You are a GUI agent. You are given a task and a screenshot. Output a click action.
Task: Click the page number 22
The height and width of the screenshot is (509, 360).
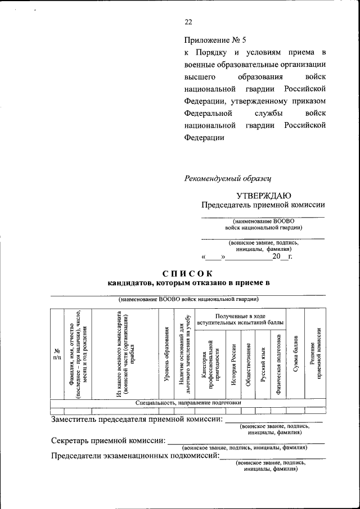click(188, 22)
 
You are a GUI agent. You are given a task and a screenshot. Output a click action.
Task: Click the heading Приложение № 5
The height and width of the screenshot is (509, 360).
click(215, 40)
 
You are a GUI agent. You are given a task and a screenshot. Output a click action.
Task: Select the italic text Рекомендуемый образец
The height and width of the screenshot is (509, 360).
click(228, 178)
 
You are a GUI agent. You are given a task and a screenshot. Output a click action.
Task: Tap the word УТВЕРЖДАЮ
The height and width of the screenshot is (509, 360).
click(263, 195)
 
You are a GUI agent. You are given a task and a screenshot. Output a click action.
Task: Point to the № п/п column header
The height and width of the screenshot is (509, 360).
click(56, 355)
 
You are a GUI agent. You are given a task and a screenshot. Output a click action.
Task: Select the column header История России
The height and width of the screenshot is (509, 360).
click(233, 364)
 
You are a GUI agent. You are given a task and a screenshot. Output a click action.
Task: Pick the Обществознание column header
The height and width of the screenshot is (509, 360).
click(248, 364)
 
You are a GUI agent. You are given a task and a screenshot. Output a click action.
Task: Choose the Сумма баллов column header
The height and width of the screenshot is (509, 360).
click(295, 354)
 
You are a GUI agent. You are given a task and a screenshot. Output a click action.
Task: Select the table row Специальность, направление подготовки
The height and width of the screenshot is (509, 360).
click(188, 403)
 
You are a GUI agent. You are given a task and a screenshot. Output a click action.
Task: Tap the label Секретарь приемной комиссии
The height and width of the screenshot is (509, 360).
click(108, 440)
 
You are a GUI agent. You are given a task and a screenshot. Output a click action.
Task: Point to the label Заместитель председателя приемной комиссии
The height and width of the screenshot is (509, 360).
click(137, 419)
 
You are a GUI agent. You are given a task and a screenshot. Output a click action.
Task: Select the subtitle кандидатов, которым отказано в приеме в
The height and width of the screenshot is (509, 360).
click(189, 283)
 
